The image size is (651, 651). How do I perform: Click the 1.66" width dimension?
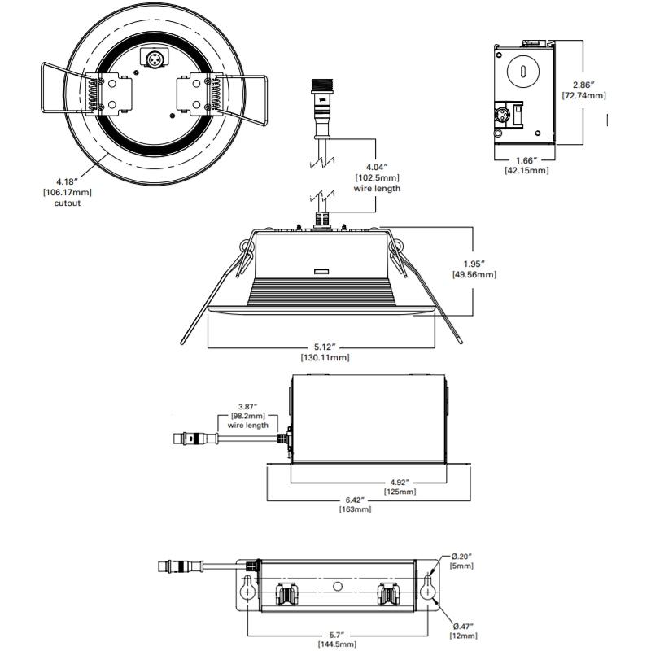point(525,160)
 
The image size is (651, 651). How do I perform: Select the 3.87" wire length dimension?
point(247,405)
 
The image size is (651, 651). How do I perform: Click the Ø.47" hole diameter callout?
point(463,624)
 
